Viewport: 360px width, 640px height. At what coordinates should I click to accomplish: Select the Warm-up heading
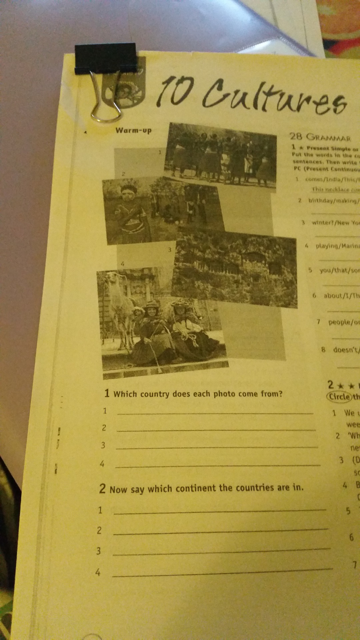coord(133,130)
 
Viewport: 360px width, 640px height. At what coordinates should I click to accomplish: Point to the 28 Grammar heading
coord(320,137)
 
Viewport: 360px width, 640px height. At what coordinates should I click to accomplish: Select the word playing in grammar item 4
coord(327,246)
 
